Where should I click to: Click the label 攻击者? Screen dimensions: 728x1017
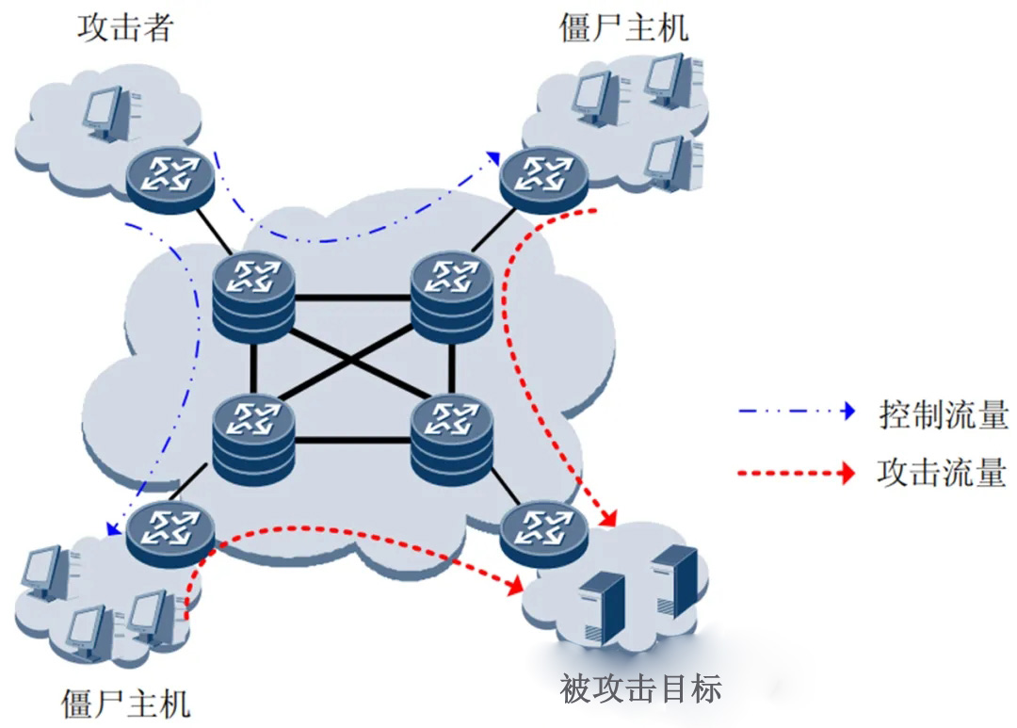(x=125, y=29)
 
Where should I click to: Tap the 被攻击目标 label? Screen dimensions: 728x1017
(x=641, y=688)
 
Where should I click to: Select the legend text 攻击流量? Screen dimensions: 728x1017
(x=942, y=472)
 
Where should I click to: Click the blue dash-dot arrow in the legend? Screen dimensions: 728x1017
(x=797, y=412)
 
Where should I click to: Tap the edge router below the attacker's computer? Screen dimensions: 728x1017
(x=170, y=175)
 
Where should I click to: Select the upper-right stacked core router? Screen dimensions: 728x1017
(x=451, y=294)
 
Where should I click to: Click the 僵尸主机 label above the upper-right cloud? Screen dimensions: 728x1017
(x=623, y=27)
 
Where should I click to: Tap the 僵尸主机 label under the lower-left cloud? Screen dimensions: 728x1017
(x=125, y=703)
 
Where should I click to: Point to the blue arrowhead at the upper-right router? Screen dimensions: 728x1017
(x=492, y=156)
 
